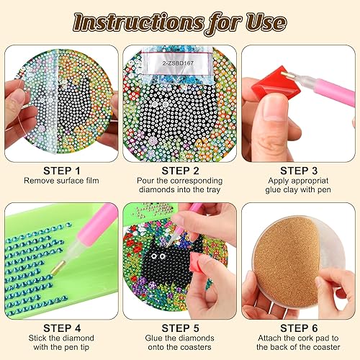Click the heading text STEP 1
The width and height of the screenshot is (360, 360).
pos(62,171)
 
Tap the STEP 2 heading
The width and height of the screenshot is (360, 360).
pos(180,171)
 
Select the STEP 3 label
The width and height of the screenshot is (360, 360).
pos(299,171)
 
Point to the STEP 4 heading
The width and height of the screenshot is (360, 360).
pos(62,328)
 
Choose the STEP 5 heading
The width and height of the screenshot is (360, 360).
pos(180,328)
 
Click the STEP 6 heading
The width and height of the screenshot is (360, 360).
pos(299,328)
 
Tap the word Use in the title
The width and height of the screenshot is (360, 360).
pos(266,22)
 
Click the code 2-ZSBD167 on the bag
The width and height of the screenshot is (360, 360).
pos(178,63)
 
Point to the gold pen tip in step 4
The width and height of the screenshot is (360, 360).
pos(58,268)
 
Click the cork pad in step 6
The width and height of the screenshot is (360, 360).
pos(286,261)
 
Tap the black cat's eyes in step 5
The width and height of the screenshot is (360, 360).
pos(158,256)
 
